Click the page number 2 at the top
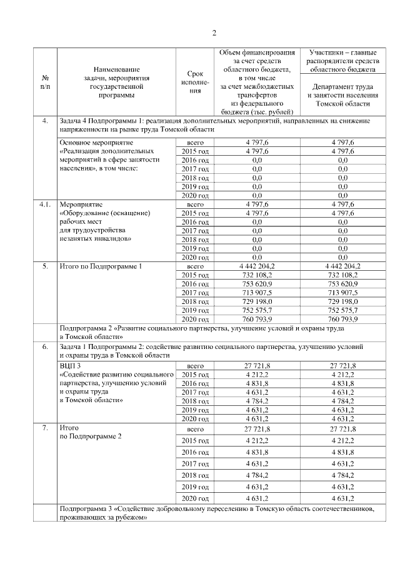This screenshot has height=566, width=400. (214, 33)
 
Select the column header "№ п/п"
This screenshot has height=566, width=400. (45, 82)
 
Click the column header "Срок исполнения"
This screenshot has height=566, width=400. (195, 82)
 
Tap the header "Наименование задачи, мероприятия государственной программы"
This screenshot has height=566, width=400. (117, 82)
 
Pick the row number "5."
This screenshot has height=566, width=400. (45, 266)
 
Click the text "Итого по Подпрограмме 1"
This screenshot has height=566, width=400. (101, 266)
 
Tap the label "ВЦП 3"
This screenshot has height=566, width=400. (70, 365)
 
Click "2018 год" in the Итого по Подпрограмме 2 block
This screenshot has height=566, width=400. (195, 475)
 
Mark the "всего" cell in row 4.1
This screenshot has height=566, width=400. (196, 204)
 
